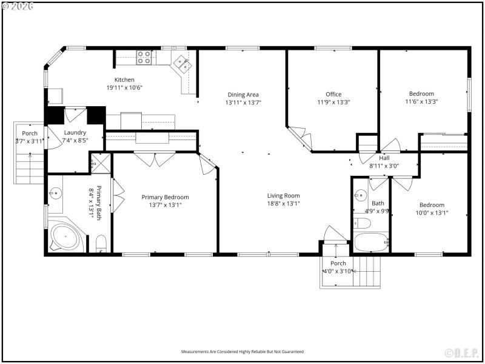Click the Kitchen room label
tap(124, 79)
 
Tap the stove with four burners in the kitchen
tap(144, 57)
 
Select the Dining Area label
tap(243, 94)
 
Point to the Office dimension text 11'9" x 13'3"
tap(333, 103)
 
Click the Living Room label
tap(284, 195)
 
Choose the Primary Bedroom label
tap(165, 197)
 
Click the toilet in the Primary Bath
tap(101, 243)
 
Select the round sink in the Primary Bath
tap(56, 194)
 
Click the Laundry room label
tap(75, 132)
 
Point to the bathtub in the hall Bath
tap(370, 243)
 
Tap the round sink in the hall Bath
tap(360, 195)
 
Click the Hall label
tap(384, 157)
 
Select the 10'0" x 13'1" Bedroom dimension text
tap(432, 213)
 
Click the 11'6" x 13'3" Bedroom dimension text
tap(421, 102)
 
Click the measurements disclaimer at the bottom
tap(242, 352)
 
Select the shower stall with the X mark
tap(98, 162)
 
